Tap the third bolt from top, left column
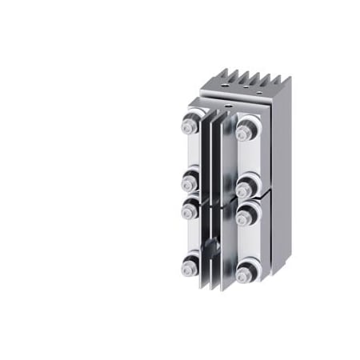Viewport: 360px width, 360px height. click(x=190, y=210)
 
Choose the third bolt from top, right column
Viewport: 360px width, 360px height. click(x=245, y=214)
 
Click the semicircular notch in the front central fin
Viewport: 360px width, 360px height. click(x=212, y=242)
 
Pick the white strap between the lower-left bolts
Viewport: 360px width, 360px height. click(x=191, y=238)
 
